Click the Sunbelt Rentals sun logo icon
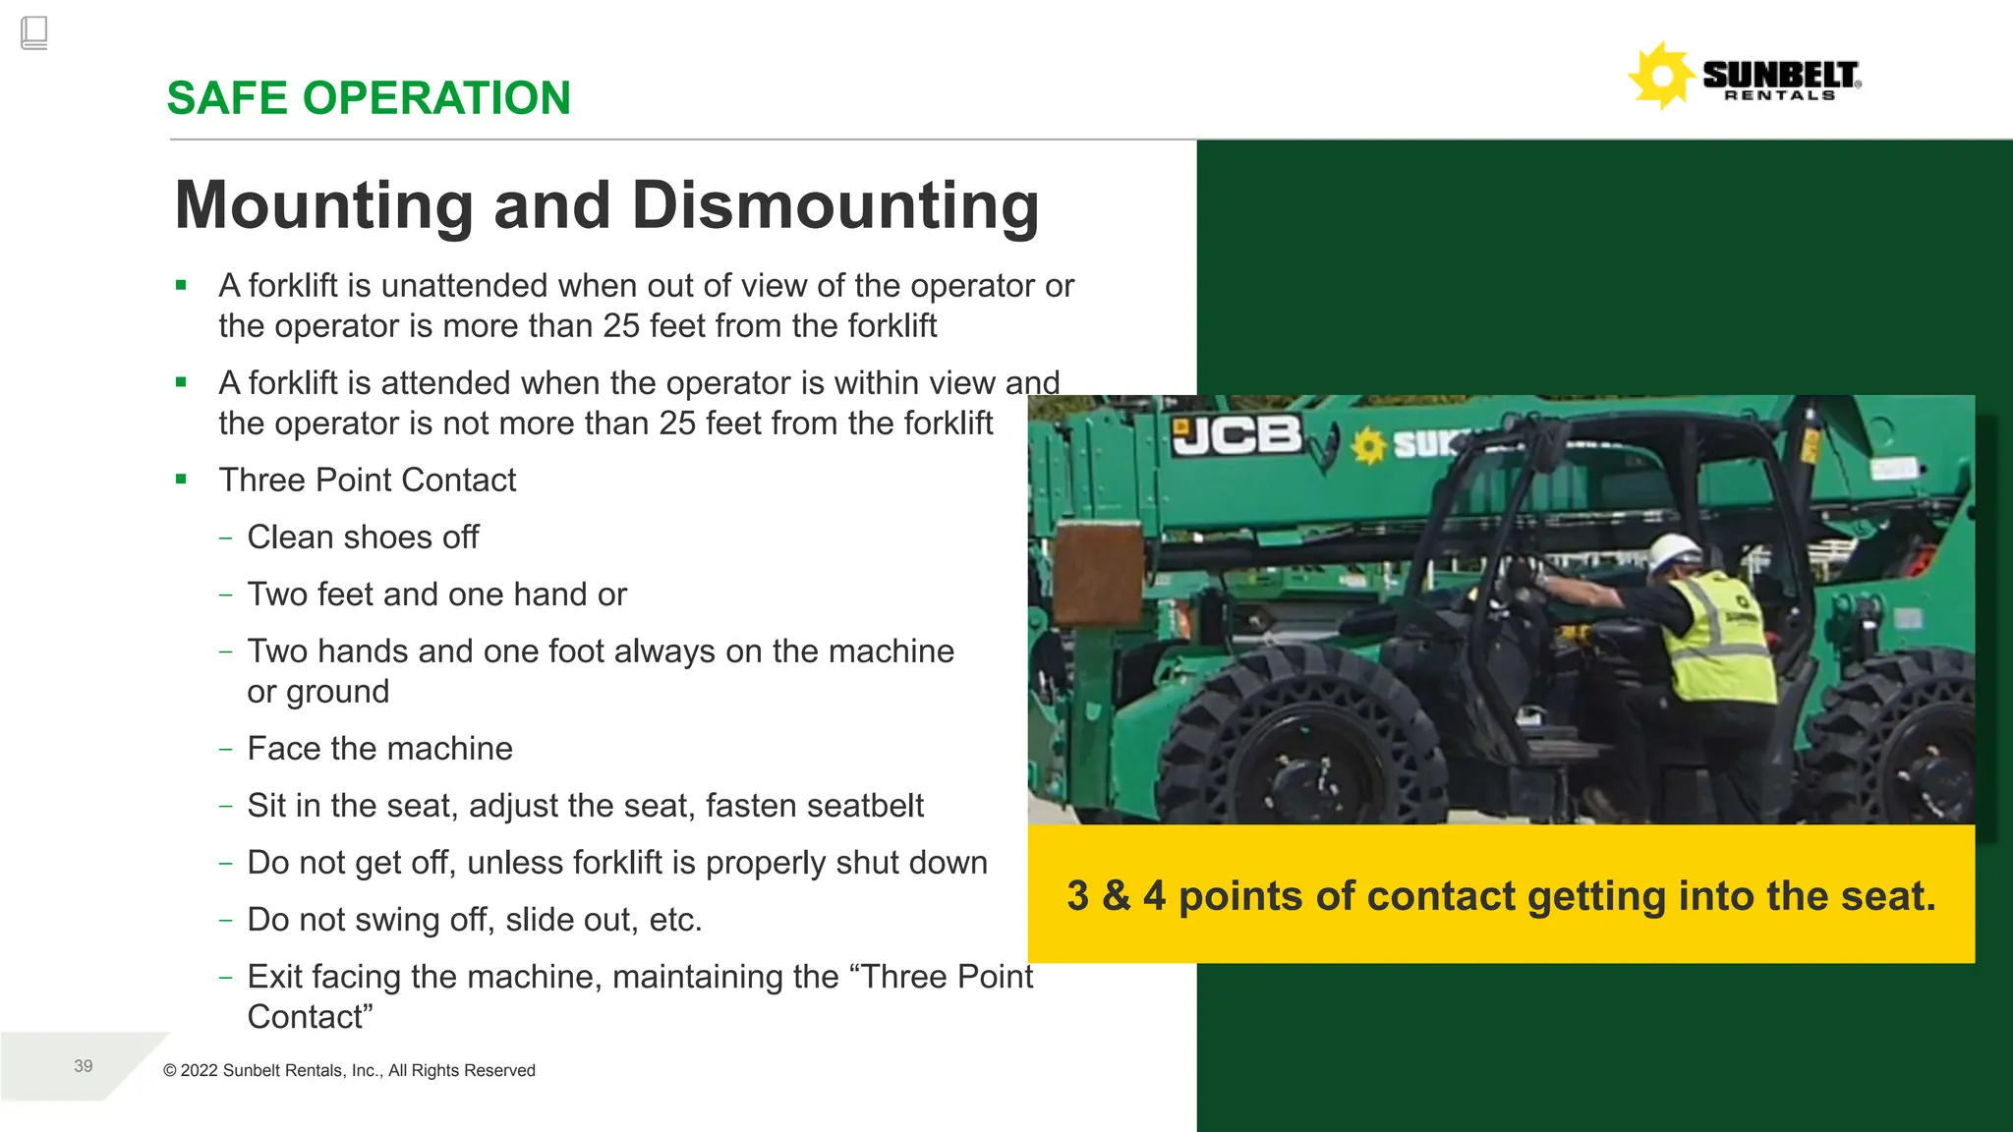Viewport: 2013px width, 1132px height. [1661, 76]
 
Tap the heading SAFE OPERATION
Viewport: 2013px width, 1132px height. [369, 98]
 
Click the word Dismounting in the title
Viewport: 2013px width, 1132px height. [834, 205]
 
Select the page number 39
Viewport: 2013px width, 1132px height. [84, 1066]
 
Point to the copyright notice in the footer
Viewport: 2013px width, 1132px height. [349, 1070]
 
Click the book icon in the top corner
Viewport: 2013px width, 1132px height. [33, 32]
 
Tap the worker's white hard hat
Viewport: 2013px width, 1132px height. [1674, 553]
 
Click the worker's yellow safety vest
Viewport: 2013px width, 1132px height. [1720, 639]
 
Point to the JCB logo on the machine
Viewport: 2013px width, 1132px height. [1237, 435]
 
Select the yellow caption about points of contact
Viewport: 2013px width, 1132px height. [1501, 895]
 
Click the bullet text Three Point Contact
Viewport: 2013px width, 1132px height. [367, 480]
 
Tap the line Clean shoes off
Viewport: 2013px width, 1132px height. [363, 537]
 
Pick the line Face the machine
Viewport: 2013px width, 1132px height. [379, 749]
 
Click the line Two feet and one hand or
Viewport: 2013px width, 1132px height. [436, 594]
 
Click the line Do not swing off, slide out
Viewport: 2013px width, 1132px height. [474, 920]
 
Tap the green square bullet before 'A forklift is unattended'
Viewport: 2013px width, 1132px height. [181, 286]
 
